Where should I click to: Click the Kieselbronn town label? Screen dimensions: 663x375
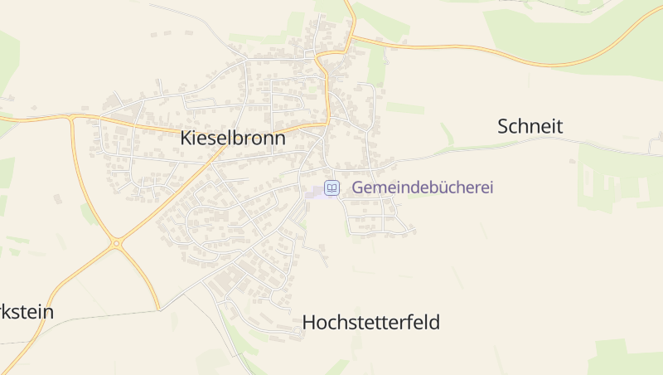(233, 139)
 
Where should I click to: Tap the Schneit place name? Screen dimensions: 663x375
(530, 126)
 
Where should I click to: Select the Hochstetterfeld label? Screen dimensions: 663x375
(370, 322)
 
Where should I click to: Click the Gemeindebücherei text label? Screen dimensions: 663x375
(423, 187)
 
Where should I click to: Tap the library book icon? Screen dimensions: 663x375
(331, 188)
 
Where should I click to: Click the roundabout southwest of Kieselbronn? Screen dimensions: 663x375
(116, 243)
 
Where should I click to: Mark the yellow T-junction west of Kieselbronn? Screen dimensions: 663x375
(72, 118)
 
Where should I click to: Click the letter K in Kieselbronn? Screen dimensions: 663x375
(186, 139)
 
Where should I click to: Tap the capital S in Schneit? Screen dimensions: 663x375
(503, 126)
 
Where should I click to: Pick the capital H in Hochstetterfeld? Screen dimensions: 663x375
(309, 322)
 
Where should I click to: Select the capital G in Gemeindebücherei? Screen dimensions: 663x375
(358, 187)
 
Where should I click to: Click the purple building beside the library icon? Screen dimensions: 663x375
(316, 192)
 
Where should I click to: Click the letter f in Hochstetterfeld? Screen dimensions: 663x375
(407, 322)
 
